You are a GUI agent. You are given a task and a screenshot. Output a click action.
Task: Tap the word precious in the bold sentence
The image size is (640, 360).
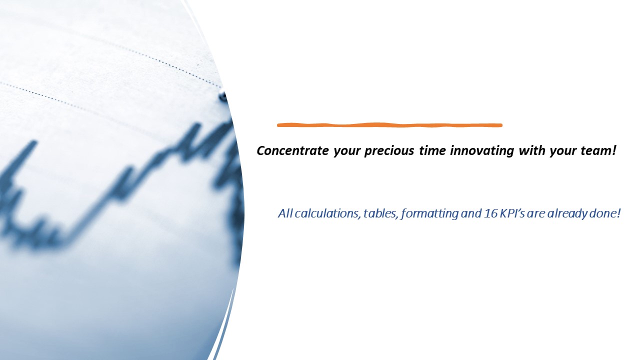coord(387,150)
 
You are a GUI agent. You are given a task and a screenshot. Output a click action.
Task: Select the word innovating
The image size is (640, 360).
coord(482,150)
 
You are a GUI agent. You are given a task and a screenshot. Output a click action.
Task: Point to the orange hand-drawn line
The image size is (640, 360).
coord(389,125)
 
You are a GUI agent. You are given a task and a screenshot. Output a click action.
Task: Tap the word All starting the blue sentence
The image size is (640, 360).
coord(285,213)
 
